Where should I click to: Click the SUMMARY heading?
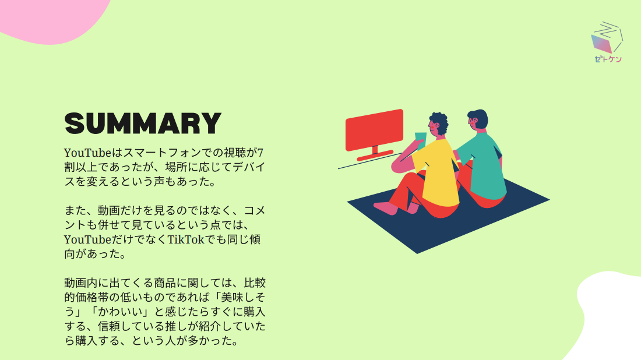[143, 123]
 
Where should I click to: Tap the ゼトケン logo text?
[608, 59]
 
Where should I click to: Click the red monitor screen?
[375, 129]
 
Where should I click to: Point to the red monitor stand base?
[375, 156]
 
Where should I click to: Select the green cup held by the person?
[420, 138]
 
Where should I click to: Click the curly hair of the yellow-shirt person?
[439, 122]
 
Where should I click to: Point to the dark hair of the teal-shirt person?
[479, 118]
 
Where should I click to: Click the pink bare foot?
[386, 207]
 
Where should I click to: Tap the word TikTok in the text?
[185, 239]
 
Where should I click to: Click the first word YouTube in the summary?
[87, 153]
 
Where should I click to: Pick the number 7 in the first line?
[260, 153]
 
